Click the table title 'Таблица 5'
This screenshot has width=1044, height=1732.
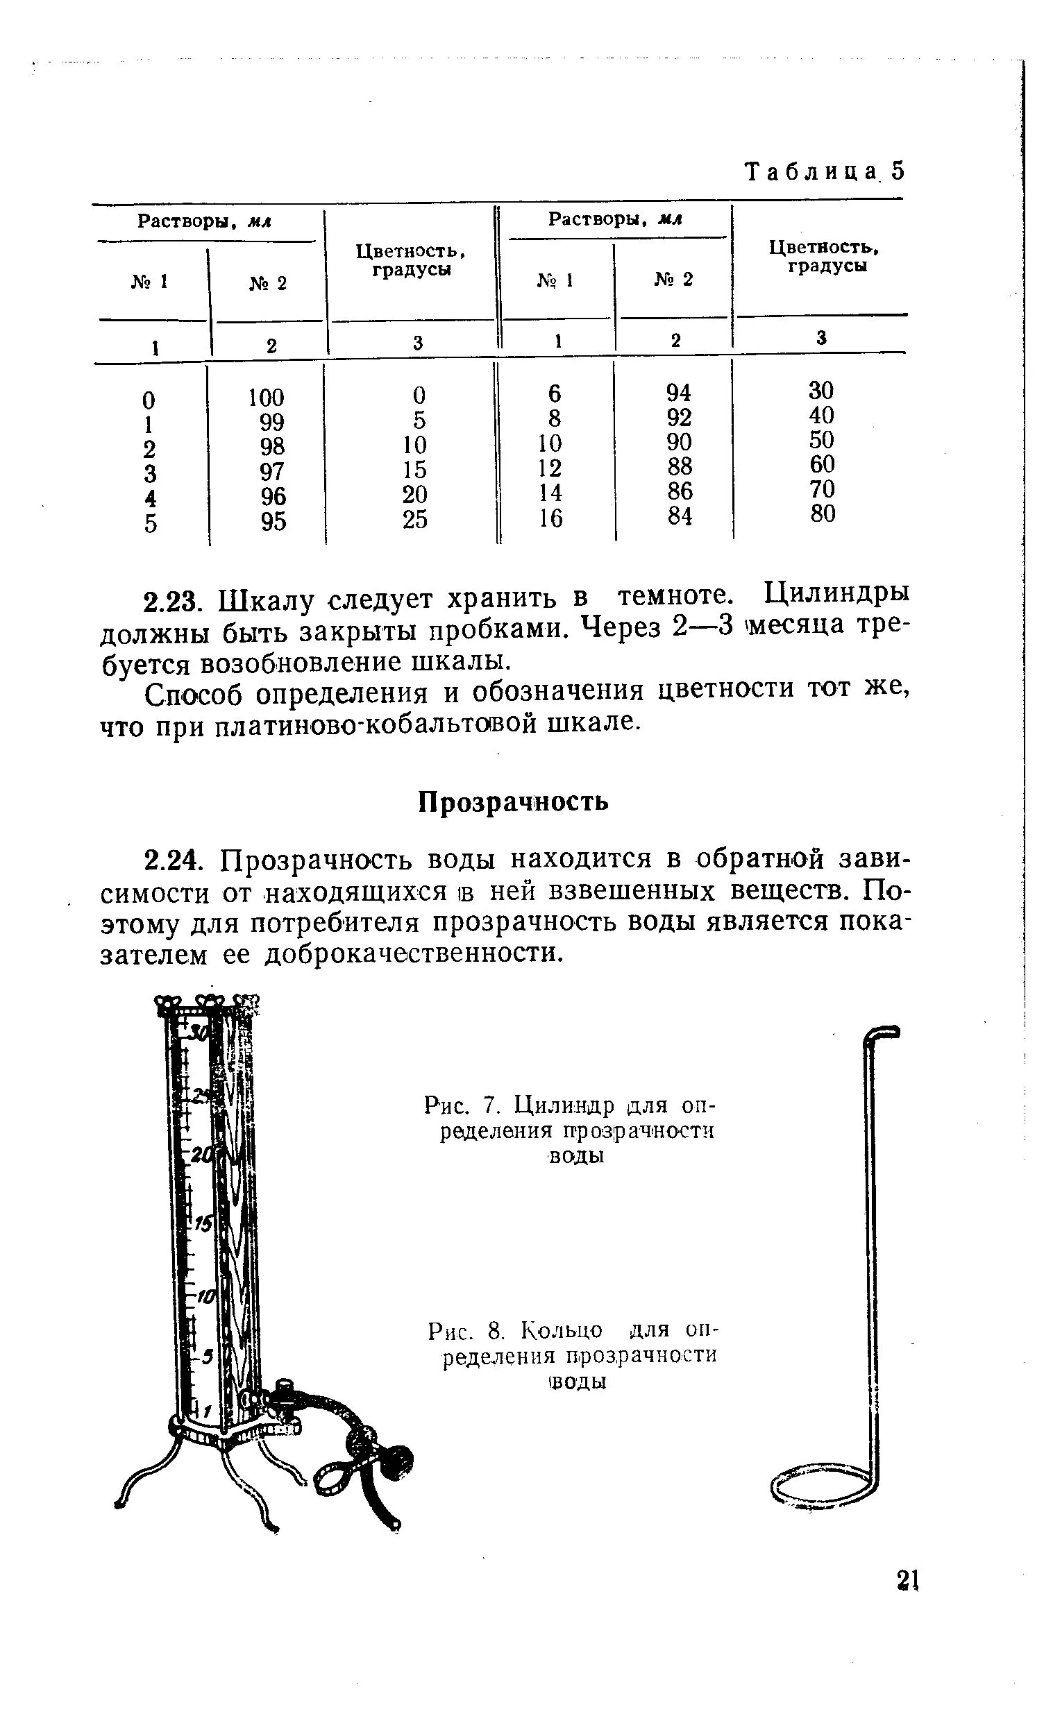click(x=823, y=171)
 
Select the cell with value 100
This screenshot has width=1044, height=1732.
click(x=266, y=398)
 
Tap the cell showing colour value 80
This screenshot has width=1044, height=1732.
click(x=822, y=513)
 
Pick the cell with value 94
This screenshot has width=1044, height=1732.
click(x=679, y=392)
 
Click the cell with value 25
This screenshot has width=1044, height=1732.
click(x=415, y=519)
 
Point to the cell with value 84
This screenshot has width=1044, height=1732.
click(x=680, y=516)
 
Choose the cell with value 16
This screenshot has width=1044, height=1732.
click(x=551, y=518)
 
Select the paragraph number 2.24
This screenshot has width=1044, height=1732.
click(x=173, y=860)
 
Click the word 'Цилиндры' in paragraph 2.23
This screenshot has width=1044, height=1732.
click(x=836, y=595)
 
